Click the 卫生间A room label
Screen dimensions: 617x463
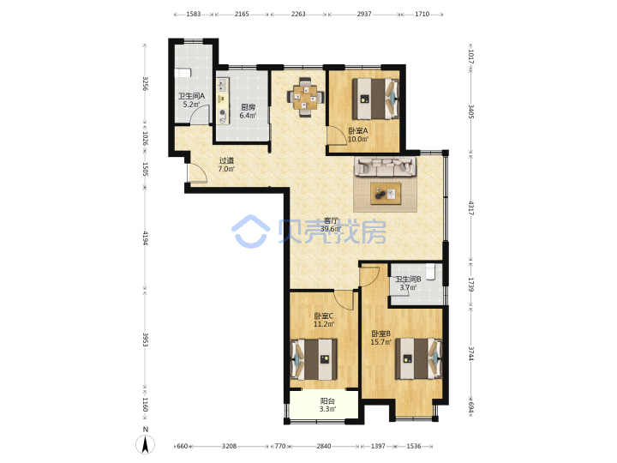192,100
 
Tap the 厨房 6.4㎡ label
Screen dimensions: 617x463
248,111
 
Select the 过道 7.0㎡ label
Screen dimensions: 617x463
226,165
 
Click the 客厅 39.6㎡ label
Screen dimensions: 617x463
331,225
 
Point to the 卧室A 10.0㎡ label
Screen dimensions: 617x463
358,135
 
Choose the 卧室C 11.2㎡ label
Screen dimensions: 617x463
324,320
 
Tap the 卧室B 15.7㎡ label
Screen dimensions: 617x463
380,338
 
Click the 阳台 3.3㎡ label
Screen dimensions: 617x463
327,405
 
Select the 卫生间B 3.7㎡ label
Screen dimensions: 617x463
409,283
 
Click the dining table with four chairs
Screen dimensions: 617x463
306,96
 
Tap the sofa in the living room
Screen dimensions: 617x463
386,166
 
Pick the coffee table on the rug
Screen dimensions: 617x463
386,193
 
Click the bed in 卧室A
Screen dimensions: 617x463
376,99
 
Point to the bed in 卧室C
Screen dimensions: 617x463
314,359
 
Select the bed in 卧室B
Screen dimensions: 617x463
419,358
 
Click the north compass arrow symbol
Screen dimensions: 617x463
145,445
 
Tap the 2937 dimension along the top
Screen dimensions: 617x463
364,15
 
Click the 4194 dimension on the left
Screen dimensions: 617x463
145,238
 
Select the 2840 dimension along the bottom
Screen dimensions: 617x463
324,446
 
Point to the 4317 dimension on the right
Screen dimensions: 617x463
471,208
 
